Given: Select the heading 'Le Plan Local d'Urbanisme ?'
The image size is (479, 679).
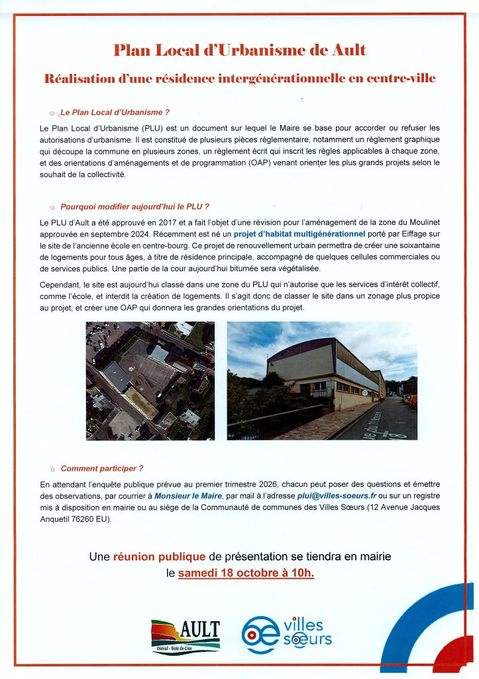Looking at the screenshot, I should coord(115,113).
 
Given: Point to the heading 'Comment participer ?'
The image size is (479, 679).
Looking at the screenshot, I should coord(102,468).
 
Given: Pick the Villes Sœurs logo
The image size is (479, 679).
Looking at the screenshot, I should coord(286,633).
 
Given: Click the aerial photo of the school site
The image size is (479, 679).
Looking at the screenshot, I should coord(150,381).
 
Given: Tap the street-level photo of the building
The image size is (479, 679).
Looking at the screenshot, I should coord(322,381).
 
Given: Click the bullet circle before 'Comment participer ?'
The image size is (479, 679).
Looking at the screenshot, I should coord(52,469).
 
